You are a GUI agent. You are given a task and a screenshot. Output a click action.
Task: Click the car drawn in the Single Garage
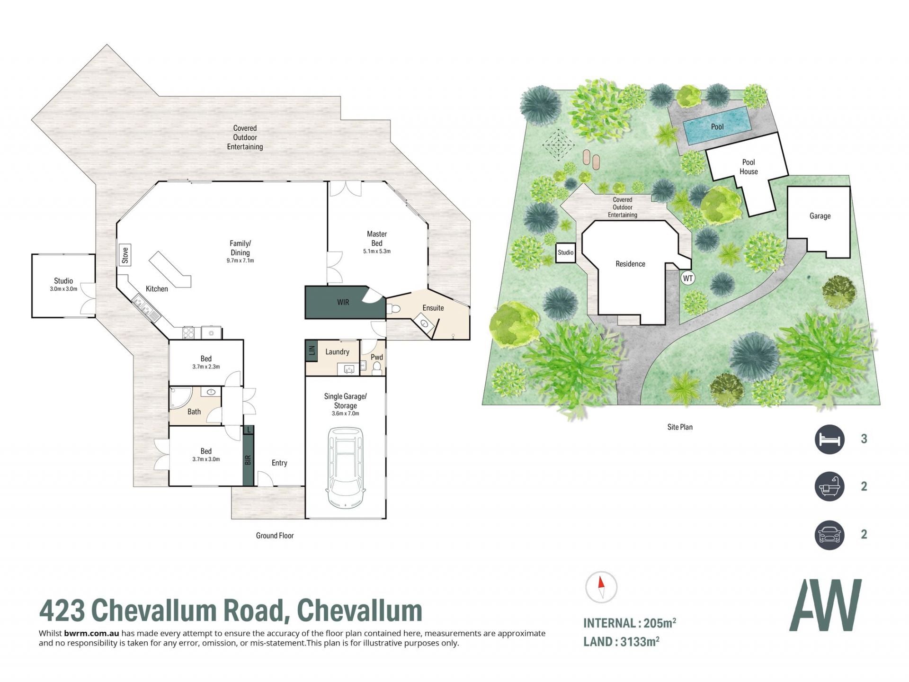click(x=346, y=467)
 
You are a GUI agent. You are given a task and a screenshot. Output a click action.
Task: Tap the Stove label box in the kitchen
click(x=125, y=255)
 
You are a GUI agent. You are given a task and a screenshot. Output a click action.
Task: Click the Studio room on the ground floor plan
click(x=63, y=286)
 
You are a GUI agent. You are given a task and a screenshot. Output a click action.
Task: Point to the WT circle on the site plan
click(x=688, y=278)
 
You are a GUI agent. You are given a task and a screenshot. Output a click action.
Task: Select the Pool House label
click(x=749, y=167)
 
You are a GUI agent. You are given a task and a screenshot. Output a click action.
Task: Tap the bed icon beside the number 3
click(x=829, y=439)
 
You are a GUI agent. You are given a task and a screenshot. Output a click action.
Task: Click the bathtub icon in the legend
click(x=829, y=486)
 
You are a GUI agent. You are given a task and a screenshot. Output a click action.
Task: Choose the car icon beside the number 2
click(x=829, y=535)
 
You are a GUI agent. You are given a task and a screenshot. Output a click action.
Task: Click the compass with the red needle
click(x=601, y=587)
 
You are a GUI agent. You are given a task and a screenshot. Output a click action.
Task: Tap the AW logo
click(x=825, y=605)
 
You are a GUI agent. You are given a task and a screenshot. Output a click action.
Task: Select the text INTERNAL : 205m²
click(x=630, y=623)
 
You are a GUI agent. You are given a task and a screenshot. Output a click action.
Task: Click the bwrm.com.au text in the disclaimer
click(x=91, y=633)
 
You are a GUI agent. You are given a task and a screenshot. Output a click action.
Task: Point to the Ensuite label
click(x=433, y=308)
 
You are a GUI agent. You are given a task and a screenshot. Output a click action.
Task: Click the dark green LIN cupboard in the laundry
click(x=311, y=351)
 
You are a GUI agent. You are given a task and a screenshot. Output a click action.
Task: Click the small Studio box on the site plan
click(x=565, y=252)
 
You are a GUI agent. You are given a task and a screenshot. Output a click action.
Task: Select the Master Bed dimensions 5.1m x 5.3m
click(x=377, y=251)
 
